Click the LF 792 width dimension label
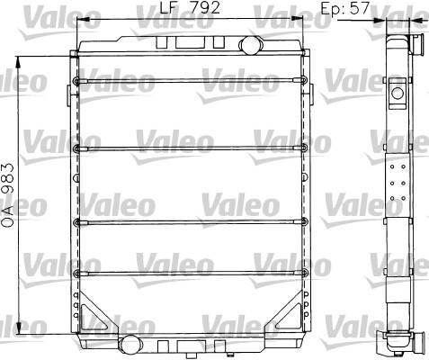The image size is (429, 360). point(190,8)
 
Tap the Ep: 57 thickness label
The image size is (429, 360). point(344,8)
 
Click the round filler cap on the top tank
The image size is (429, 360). point(251,45)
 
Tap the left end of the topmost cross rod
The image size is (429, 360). point(76,80)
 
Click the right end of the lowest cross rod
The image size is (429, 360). point(305,273)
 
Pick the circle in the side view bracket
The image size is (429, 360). point(398,94)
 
